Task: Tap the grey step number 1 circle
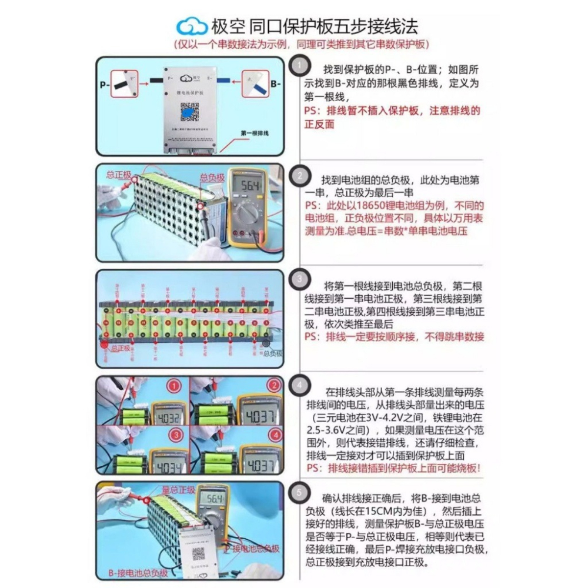(300, 64)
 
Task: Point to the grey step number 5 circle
(300, 492)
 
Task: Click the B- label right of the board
(276, 84)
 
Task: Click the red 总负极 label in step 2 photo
(212, 177)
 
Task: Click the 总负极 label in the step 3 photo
(273, 353)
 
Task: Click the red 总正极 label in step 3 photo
(119, 348)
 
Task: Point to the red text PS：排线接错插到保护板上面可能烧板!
(393, 468)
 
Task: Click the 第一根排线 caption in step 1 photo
(254, 133)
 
